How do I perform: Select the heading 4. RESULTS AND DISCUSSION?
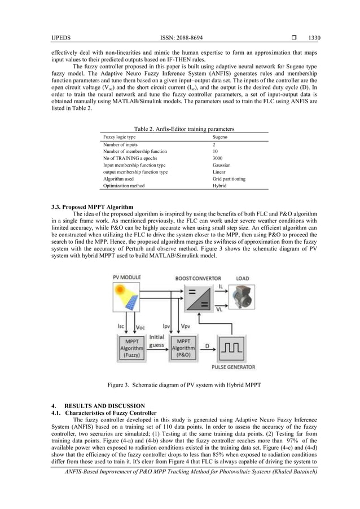[x=98, y=406]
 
